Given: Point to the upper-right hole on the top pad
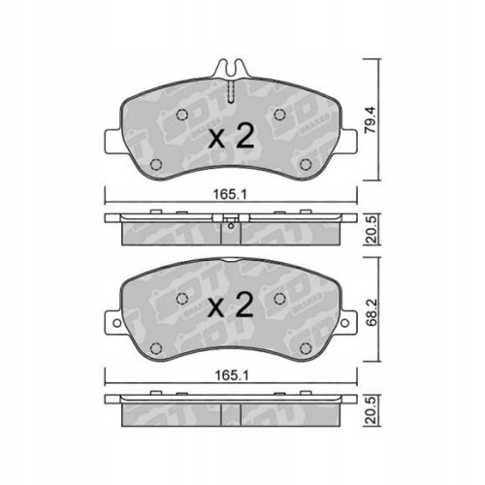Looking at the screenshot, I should [x=280, y=116].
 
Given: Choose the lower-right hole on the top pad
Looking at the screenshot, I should [x=307, y=162].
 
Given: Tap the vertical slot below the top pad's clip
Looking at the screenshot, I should [x=230, y=94].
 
